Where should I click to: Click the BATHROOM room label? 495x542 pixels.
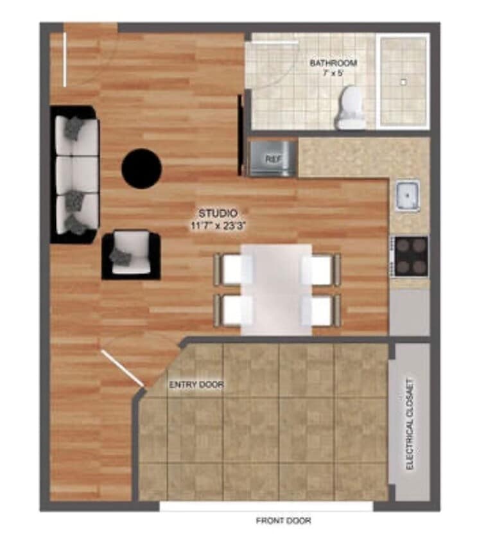point(333,64)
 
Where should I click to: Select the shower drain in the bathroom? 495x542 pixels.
point(403,82)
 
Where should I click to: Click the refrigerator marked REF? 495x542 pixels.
point(273,158)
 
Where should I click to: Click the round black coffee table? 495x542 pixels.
point(141,168)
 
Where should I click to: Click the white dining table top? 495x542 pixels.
point(277,288)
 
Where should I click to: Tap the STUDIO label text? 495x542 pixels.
point(218,213)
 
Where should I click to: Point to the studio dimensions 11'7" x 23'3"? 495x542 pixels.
point(219,225)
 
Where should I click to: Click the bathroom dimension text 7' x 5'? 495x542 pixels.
point(333,74)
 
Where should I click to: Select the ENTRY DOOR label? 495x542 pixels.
point(196,385)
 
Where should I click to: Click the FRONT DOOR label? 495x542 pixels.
point(283,521)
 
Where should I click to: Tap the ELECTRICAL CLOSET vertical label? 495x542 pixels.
point(410,423)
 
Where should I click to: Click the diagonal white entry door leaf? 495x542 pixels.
point(122,369)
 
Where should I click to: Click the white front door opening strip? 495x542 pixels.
point(266,507)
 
